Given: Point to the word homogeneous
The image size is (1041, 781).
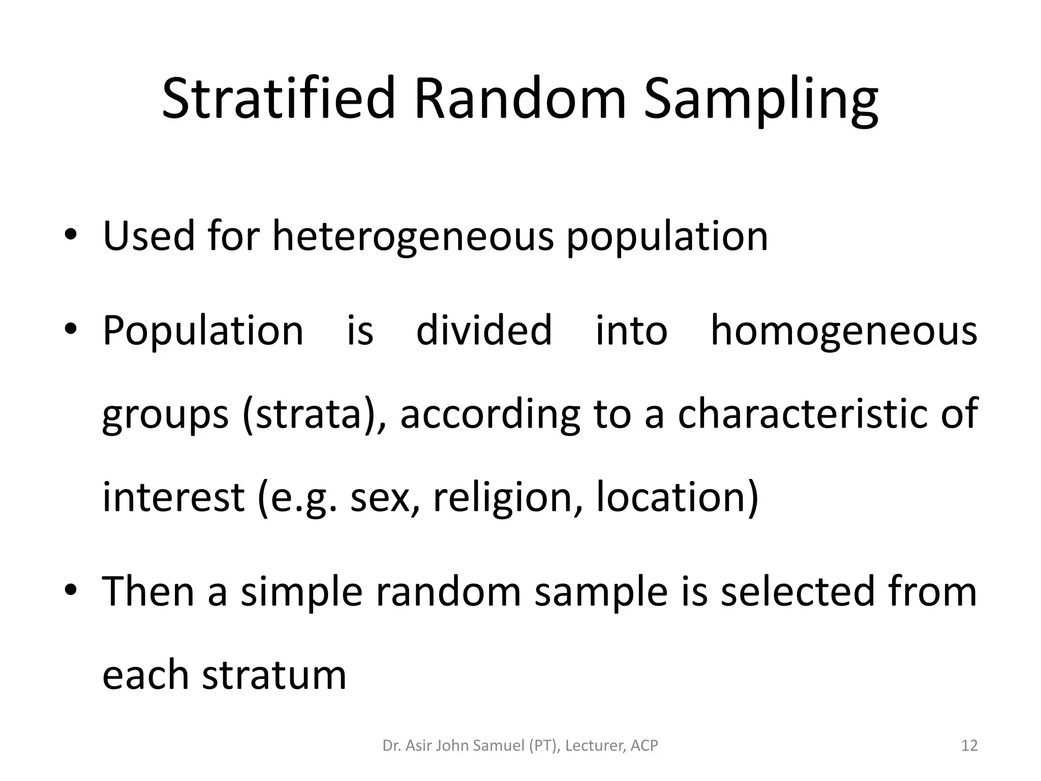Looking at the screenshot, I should [844, 331].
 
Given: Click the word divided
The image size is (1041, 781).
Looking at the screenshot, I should [484, 331].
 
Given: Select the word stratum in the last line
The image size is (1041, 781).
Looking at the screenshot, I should [274, 674].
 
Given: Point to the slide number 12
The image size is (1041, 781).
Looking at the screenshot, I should [969, 746].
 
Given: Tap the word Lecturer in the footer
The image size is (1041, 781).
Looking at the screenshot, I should [595, 746].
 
